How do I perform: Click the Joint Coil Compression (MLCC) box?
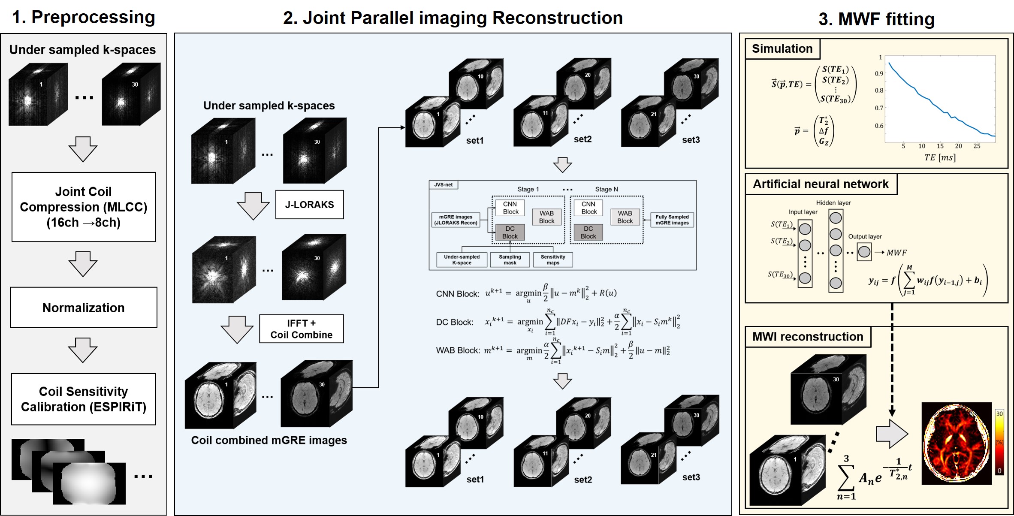(x=84, y=207)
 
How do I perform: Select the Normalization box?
(x=84, y=308)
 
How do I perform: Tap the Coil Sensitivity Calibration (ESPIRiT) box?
(x=84, y=399)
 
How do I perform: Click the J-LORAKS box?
(x=309, y=205)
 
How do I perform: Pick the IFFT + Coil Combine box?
(x=301, y=329)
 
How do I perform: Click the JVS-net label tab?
(x=443, y=185)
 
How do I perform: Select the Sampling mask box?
(x=510, y=260)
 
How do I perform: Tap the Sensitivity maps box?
(x=552, y=260)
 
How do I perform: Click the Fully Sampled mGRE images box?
(x=672, y=220)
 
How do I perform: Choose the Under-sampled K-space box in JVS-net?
(x=462, y=260)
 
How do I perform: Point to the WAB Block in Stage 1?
(x=546, y=217)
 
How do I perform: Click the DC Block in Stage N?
(x=588, y=232)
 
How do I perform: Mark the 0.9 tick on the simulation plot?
(x=879, y=73)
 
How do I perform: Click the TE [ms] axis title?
(x=940, y=157)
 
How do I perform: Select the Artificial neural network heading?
(x=821, y=184)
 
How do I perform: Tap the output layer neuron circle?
(x=864, y=252)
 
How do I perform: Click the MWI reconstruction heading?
(x=808, y=337)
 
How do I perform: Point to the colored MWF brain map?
(x=957, y=444)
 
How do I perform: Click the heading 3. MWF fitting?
(x=876, y=19)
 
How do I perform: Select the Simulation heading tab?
(x=782, y=49)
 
